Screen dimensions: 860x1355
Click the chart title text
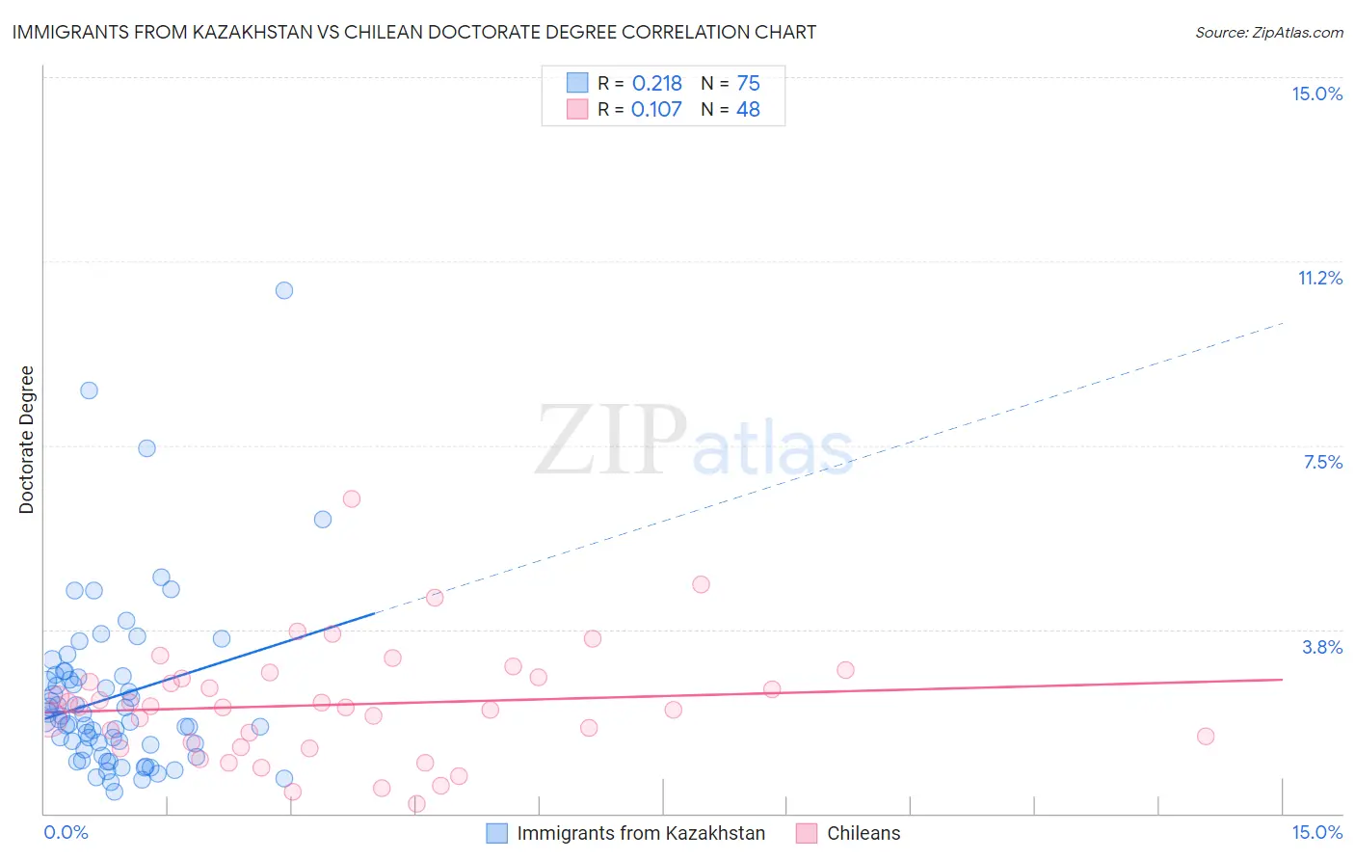413,32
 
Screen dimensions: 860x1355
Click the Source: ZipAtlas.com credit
1268,33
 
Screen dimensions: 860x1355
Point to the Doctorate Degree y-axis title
26,440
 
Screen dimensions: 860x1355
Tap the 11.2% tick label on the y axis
1319,278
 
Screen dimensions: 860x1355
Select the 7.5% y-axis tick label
1322,462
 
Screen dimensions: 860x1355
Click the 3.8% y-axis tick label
1322,647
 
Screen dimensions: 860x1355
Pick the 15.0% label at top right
1316,94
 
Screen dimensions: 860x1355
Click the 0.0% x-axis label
66,832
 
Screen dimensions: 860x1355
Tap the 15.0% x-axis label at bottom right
1316,832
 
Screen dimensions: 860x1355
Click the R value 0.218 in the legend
656,84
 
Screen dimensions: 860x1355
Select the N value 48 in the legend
748,110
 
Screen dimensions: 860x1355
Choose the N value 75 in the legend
748,84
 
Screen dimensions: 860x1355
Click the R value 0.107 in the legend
656,110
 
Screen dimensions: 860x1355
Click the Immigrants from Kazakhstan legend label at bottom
641,833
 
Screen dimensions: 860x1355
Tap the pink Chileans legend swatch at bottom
807,833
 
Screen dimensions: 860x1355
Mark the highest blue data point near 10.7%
284,290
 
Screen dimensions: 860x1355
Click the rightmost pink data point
1206,737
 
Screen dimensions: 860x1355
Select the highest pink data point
352,498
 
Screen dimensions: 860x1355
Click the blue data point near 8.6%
89,390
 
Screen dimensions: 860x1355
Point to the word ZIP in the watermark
610,441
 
